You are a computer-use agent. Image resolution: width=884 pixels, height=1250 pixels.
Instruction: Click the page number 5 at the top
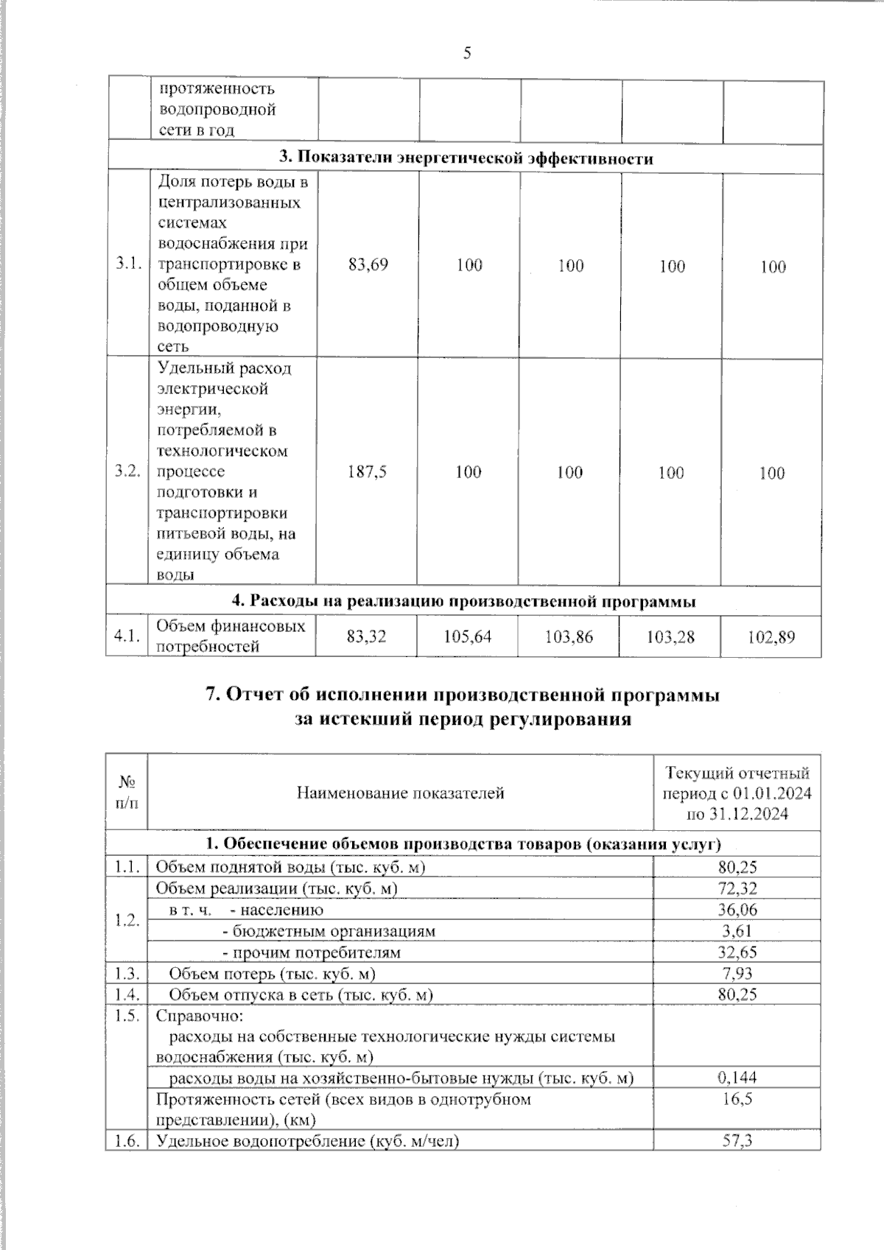tap(466, 53)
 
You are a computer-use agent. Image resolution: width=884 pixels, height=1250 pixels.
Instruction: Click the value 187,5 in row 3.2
tap(367, 471)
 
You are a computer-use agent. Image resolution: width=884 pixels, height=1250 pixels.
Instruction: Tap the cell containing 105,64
tap(467, 636)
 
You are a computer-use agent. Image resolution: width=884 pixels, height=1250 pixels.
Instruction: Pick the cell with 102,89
tap(771, 636)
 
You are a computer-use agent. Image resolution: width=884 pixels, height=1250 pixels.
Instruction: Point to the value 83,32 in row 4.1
tap(366, 636)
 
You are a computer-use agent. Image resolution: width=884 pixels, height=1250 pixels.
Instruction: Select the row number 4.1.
tap(127, 636)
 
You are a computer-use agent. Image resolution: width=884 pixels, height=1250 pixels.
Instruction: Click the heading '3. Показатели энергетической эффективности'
tap(466, 158)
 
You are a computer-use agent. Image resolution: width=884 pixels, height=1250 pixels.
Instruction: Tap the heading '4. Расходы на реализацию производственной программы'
tap(464, 601)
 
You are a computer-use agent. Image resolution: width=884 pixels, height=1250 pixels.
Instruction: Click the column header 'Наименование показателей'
tap(400, 793)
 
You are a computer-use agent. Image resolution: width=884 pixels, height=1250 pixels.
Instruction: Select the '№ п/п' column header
tap(127, 793)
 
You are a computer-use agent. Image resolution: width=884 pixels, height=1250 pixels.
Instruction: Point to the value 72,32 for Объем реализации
tap(737, 888)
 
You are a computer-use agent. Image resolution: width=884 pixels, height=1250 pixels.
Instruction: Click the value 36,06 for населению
tap(737, 910)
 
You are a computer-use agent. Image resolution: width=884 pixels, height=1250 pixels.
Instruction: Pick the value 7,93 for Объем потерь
tap(737, 974)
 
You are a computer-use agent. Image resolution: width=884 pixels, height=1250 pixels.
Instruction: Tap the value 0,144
tap(737, 1078)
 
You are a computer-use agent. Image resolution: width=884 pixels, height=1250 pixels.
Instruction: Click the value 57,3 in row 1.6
tap(737, 1141)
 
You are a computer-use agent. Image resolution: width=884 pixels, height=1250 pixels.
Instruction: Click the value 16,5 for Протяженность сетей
tap(737, 1099)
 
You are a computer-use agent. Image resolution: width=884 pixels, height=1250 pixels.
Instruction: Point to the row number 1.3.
tap(127, 974)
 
